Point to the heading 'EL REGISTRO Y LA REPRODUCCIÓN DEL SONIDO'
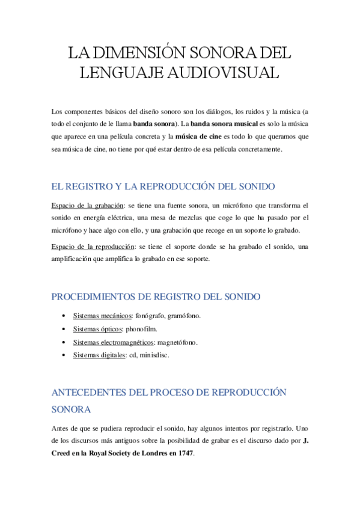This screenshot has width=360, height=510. tap(163, 186)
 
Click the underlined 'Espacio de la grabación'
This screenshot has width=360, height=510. tap(88, 206)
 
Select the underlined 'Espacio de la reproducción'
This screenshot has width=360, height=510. tap(93, 247)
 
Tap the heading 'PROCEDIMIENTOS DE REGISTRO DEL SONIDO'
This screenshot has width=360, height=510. tap(156, 296)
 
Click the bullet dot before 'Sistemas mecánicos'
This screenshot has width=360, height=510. tap(64, 316)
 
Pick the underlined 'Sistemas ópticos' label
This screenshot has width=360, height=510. tap(98, 329)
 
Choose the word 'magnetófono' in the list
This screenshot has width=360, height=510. tap(177, 342)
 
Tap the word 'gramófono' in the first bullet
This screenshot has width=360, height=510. tap(184, 316)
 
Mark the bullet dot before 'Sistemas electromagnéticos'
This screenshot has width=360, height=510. tap(64, 342)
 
